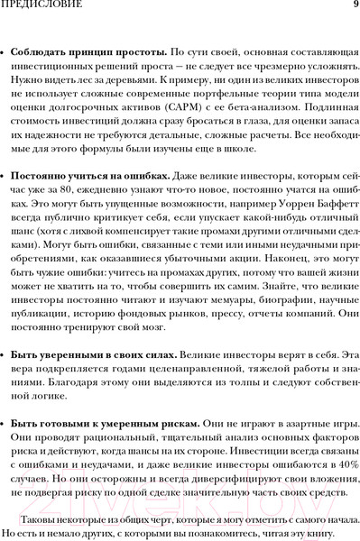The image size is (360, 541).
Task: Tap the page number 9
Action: point(354,6)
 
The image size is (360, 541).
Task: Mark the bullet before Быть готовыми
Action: point(4,422)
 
